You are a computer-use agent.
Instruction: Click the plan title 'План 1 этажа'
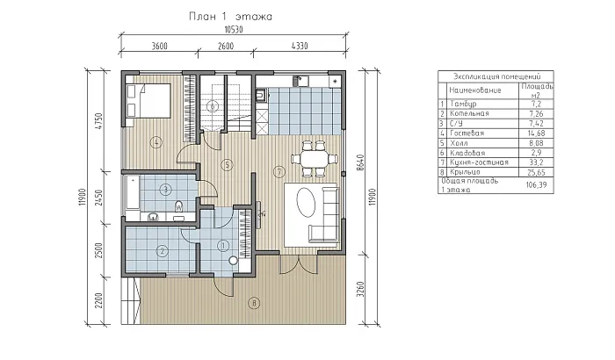230,17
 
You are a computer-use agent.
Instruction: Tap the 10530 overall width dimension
234,30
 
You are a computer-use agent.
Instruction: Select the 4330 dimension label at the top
300,46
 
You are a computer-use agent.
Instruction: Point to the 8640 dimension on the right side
361,162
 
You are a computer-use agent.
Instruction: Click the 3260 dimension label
361,289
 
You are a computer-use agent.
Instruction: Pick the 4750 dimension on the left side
98,121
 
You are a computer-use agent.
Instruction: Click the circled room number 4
156,142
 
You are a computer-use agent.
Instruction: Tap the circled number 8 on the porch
254,303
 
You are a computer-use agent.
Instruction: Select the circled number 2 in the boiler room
162,251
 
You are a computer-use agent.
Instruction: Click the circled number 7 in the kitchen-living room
279,171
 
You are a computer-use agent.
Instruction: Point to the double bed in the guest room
148,100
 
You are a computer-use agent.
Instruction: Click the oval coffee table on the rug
306,202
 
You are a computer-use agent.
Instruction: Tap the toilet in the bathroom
179,206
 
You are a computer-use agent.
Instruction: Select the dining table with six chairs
315,159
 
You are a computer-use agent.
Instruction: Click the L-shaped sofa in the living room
324,215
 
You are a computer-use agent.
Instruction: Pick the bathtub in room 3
132,192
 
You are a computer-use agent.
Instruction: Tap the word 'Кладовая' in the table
467,153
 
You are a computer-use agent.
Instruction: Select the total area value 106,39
536,184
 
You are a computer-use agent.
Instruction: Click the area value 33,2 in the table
536,162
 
